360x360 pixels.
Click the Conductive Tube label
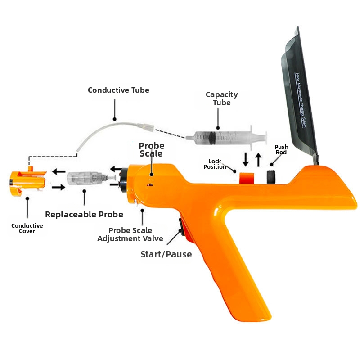point(118,90)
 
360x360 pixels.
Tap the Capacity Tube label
point(221,99)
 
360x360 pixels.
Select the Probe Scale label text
point(151,149)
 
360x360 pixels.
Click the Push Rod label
point(281,149)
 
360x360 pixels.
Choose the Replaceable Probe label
point(84,214)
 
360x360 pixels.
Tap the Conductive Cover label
point(27,228)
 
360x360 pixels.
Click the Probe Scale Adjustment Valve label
point(130,234)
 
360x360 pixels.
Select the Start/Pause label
point(166,254)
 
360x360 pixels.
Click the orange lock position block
point(247,178)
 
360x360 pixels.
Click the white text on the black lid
point(301,99)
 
